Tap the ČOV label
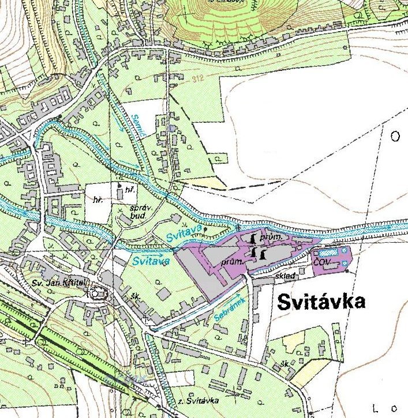click(321, 262)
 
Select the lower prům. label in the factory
click(232, 261)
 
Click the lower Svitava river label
click(150, 261)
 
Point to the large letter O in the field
click(395, 137)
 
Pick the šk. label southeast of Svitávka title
click(284, 364)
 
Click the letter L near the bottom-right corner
click(377, 409)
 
